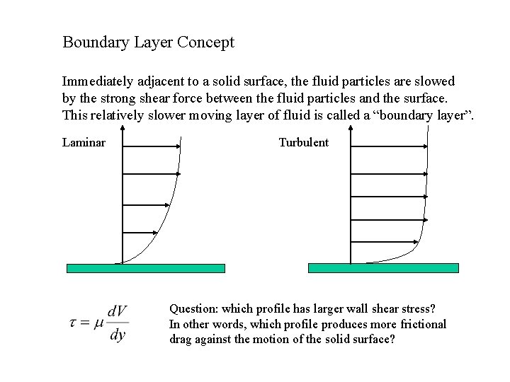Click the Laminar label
[x=84, y=142]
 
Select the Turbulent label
[x=303, y=142]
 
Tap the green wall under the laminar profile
[x=146, y=268]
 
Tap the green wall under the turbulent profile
[x=383, y=268]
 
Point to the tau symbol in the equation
[x=74, y=322]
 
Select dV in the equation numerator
[x=117, y=311]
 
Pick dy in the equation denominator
[x=118, y=334]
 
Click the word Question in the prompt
[x=193, y=309]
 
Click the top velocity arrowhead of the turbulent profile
[x=426, y=146]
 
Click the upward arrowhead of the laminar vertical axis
[x=123, y=129]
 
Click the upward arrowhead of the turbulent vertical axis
[x=351, y=129]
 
